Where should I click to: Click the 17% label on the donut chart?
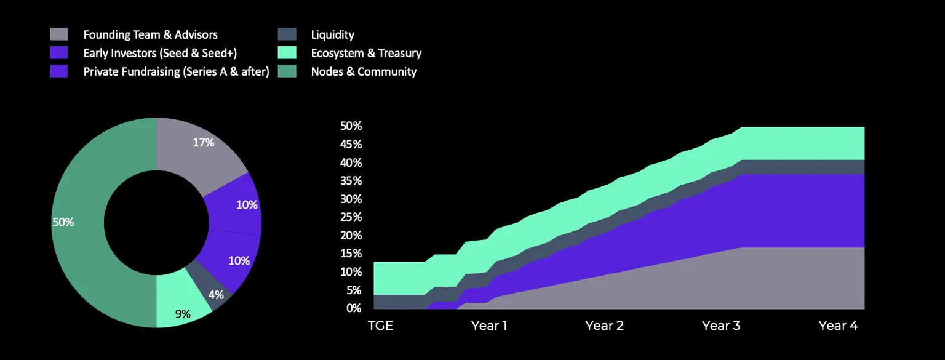click(204, 143)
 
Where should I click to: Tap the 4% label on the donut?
click(216, 295)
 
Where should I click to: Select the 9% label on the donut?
click(183, 314)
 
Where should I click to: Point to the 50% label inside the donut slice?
click(63, 222)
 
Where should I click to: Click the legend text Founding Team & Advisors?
click(150, 34)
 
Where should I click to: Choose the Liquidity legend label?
click(332, 34)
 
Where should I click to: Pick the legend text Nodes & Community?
click(364, 71)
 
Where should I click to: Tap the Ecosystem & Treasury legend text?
click(366, 53)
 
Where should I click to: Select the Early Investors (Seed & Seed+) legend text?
click(160, 53)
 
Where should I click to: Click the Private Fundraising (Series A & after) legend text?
click(176, 71)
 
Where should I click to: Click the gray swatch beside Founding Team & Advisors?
click(59, 34)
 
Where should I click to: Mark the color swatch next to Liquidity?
click(287, 34)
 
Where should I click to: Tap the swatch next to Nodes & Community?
click(287, 71)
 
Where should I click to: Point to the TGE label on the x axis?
click(380, 326)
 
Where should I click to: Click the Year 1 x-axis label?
click(488, 326)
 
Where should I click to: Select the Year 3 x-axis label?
click(721, 326)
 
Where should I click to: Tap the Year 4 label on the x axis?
click(838, 326)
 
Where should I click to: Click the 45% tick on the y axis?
click(351, 145)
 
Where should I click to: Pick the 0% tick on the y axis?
click(354, 308)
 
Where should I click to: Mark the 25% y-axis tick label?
click(351, 217)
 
